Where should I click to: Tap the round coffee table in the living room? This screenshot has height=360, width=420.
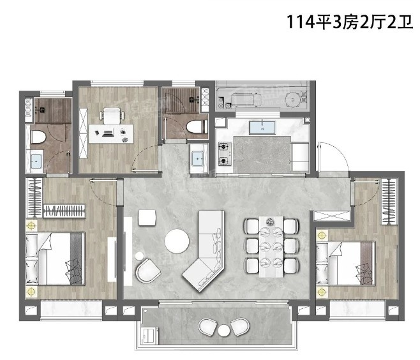(x=177, y=241)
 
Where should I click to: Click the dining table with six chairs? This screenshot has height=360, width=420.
(x=271, y=246)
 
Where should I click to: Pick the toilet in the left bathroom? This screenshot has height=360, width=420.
(x=38, y=137)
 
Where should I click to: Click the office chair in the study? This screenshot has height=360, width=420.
(x=112, y=116)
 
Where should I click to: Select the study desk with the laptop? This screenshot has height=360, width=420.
(x=111, y=133)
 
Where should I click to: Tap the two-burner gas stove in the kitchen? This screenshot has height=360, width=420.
(x=225, y=154)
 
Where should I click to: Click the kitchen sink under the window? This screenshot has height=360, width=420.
(x=262, y=128)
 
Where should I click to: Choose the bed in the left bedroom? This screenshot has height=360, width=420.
(x=55, y=259)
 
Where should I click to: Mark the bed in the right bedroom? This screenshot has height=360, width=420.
(x=345, y=264)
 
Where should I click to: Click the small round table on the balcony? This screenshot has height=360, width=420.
(x=223, y=330)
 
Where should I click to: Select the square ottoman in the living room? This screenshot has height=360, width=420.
(x=147, y=218)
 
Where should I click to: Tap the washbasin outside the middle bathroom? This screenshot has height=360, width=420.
(x=198, y=159)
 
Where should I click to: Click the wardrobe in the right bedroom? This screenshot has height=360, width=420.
(x=389, y=202)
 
